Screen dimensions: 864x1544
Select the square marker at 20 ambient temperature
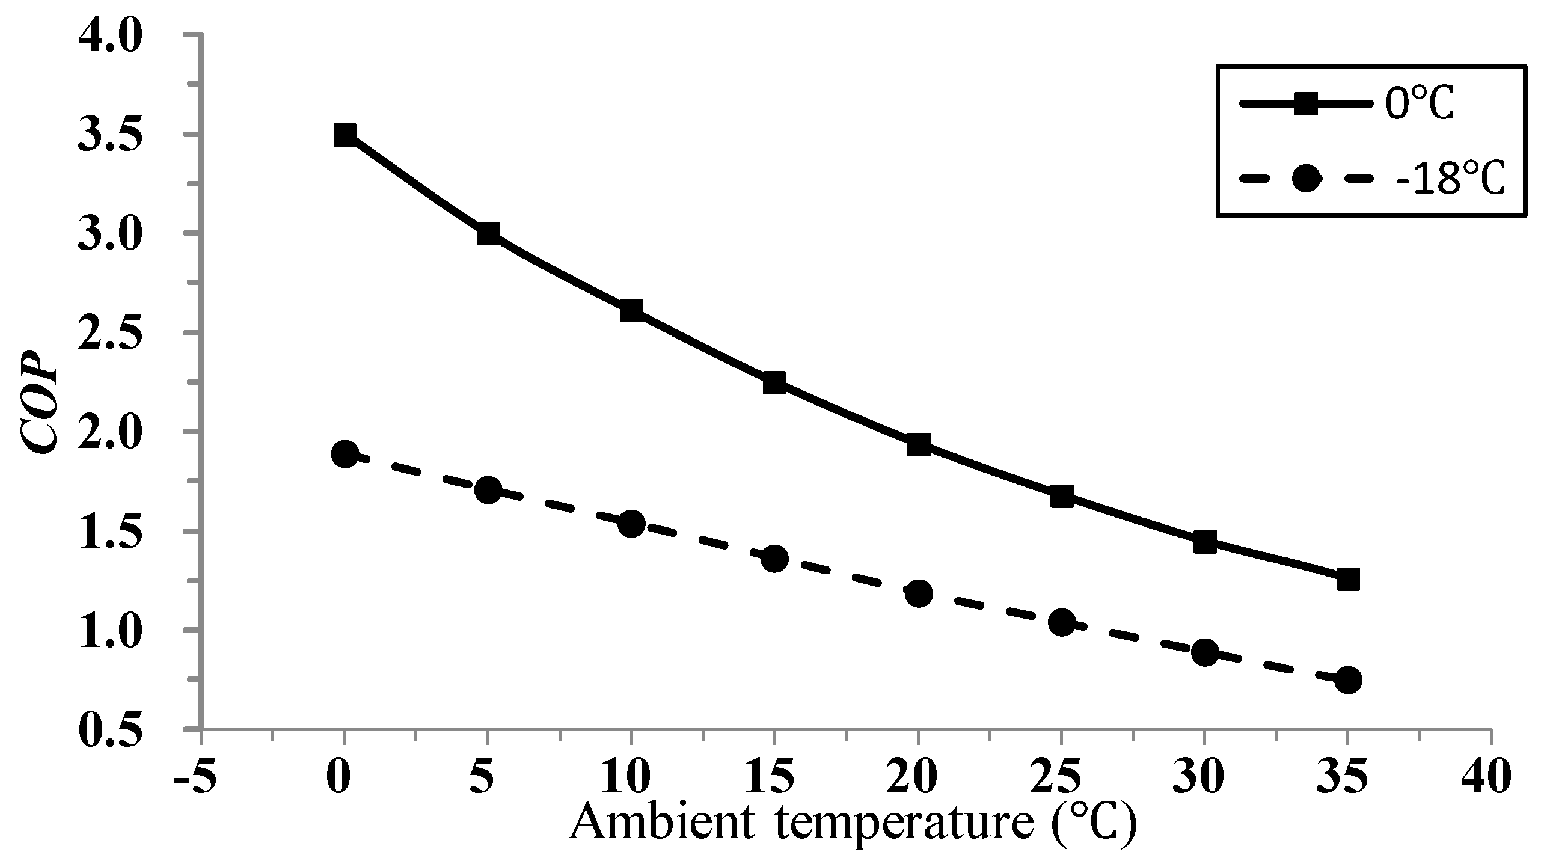pyautogui.click(x=918, y=445)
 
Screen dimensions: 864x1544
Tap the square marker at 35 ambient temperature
pyautogui.click(x=1348, y=580)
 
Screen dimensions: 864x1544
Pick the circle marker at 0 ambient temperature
pyautogui.click(x=345, y=453)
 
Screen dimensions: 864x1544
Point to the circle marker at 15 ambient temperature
pyautogui.click(x=774, y=559)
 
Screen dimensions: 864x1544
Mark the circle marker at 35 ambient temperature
pyautogui.click(x=1348, y=680)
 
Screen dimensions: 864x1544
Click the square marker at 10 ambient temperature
pyautogui.click(x=631, y=311)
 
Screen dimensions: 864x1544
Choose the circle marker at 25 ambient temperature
pyautogui.click(x=1061, y=622)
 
